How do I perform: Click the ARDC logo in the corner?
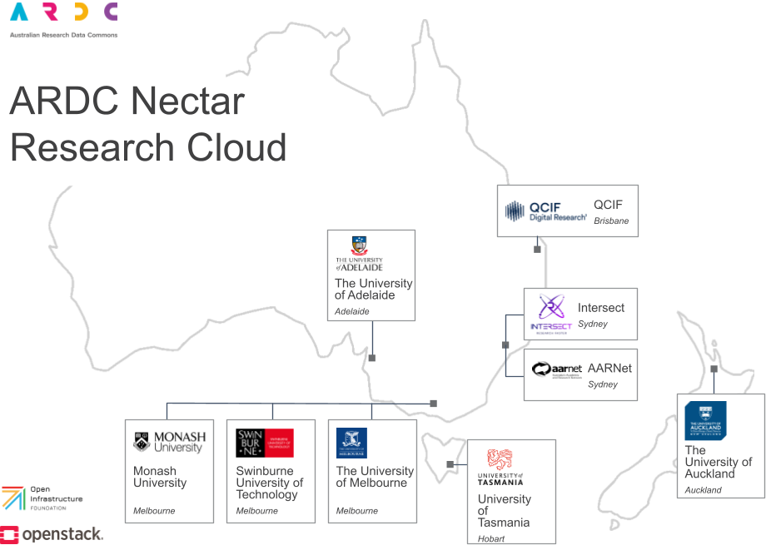[x=63, y=18]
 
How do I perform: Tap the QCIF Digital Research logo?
[x=545, y=211]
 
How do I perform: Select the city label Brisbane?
[x=611, y=221]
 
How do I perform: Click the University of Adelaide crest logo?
[x=359, y=254]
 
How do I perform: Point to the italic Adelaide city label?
[x=351, y=312]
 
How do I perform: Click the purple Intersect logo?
[x=550, y=314]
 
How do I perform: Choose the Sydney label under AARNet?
[x=603, y=384]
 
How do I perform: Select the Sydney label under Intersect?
[x=593, y=324]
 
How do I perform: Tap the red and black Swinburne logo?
[x=265, y=443]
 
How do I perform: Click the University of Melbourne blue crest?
[x=351, y=443]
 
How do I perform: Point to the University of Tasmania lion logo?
[x=500, y=466]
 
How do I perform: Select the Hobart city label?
[x=491, y=538]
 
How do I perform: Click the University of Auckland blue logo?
[x=705, y=420]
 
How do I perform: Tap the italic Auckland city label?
[x=704, y=490]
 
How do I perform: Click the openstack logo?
[x=52, y=534]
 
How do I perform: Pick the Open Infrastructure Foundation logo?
[x=42, y=498]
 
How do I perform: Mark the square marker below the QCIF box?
[x=537, y=249]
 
